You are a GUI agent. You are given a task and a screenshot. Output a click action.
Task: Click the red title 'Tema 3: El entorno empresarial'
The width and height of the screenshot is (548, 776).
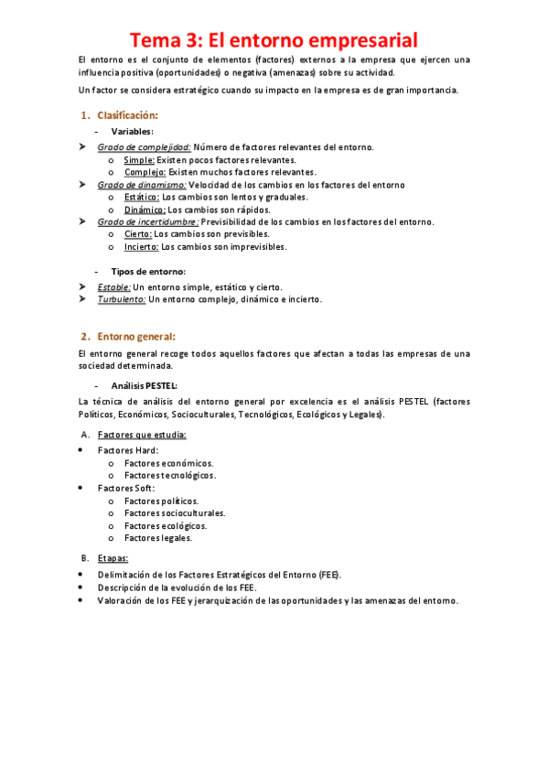coord(274,40)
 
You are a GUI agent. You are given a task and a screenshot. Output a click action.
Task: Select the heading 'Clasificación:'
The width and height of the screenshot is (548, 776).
coord(127,115)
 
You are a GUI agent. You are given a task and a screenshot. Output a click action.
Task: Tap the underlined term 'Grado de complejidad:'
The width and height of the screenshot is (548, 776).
coord(144,146)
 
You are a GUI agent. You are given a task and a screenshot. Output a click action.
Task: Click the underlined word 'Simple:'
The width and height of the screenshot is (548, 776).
coord(139,159)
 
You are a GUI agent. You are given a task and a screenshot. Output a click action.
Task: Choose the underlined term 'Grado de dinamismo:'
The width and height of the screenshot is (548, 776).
coord(142,184)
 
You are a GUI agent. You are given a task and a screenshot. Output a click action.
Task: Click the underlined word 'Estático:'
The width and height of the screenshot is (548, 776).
coord(142,197)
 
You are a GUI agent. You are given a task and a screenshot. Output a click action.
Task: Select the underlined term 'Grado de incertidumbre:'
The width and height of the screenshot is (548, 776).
coord(148,221)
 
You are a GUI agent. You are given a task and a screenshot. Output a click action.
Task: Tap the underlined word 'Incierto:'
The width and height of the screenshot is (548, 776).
coord(142,246)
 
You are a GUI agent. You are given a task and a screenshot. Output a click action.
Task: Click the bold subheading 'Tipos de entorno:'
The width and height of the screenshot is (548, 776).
coord(148,271)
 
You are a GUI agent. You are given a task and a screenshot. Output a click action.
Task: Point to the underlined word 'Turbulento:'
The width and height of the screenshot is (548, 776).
coord(122,299)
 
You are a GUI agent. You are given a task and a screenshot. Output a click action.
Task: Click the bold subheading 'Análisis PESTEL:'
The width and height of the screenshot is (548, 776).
coord(145,385)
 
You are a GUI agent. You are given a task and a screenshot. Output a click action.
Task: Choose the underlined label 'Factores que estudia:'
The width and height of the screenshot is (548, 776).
coord(142,434)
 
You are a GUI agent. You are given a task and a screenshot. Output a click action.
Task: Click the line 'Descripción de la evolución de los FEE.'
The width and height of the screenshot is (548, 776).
coord(177,587)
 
